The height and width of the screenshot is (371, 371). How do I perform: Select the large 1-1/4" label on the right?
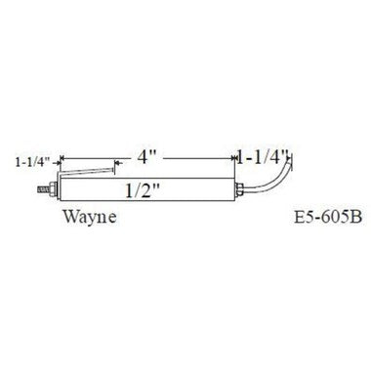(x=265, y=156)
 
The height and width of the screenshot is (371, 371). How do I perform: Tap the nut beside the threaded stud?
(x=56, y=181)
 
